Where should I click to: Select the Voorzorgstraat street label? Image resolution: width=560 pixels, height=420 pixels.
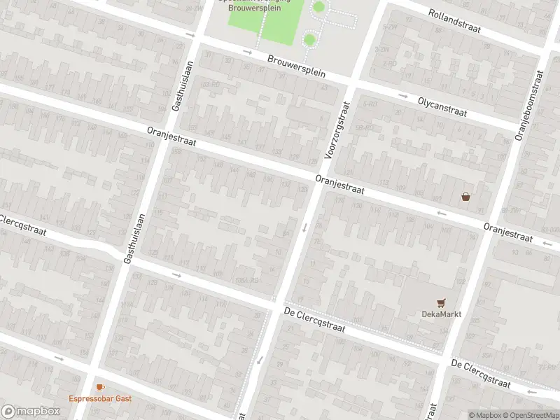(337, 129)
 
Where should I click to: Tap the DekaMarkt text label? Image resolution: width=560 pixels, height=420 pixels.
(440, 314)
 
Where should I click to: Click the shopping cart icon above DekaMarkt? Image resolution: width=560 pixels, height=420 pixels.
(441, 302)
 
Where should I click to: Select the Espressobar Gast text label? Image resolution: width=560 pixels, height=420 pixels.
(100, 399)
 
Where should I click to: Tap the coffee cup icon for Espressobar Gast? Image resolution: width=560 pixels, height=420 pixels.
(100, 387)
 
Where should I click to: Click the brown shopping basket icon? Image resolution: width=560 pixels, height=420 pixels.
(465, 197)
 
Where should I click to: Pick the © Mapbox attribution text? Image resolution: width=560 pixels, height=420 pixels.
(484, 415)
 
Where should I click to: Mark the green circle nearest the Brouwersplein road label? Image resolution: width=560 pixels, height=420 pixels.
(309, 39)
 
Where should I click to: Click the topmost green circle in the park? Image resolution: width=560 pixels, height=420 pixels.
(318, 7)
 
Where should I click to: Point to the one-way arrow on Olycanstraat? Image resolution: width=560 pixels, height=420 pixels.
(403, 95)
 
